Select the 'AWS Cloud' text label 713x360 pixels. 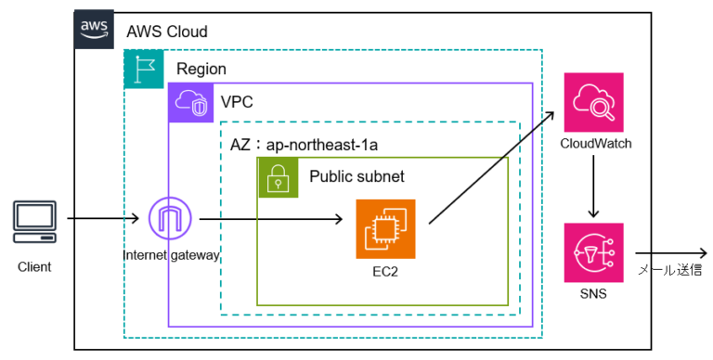[x=167, y=32]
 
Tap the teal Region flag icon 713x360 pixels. [x=143, y=69]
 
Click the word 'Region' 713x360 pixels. [x=201, y=70]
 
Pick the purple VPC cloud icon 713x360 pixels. [x=188, y=102]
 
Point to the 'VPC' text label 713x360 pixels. [x=237, y=101]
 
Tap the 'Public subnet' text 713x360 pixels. [x=356, y=176]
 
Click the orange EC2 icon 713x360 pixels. [x=385, y=229]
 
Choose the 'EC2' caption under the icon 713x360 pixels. [x=385, y=271]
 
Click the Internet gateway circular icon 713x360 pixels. [x=172, y=221]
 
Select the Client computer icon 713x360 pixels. [x=34, y=221]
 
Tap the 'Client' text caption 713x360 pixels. [x=34, y=267]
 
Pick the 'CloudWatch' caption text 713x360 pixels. [x=595, y=144]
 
